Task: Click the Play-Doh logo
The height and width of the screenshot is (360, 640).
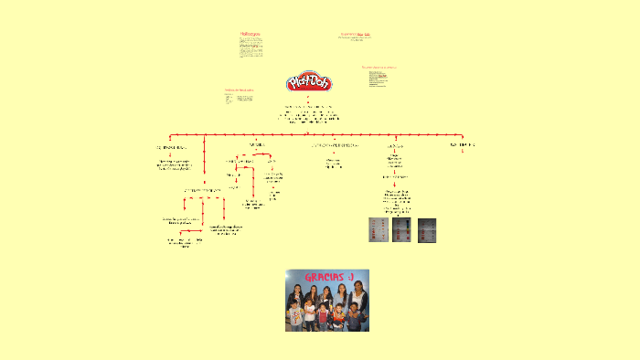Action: [x=309, y=83]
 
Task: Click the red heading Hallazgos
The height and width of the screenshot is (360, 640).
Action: [x=251, y=34]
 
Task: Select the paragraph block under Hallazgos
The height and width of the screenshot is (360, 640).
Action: [x=251, y=48]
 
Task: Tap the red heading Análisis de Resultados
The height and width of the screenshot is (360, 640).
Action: [x=240, y=90]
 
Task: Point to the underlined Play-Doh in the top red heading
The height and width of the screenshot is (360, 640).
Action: [x=363, y=34]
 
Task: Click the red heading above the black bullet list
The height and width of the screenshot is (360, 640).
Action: [x=379, y=67]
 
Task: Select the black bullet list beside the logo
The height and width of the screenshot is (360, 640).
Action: [x=378, y=79]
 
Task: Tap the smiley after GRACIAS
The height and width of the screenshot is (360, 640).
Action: [x=349, y=277]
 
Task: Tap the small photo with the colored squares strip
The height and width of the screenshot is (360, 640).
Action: [x=403, y=229]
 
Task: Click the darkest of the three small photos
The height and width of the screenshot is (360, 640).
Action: [x=428, y=229]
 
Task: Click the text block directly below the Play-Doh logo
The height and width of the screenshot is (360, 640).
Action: [x=310, y=115]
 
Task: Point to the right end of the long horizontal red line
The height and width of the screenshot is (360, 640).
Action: [x=464, y=135]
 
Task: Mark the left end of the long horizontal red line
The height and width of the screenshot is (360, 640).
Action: [x=175, y=135]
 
